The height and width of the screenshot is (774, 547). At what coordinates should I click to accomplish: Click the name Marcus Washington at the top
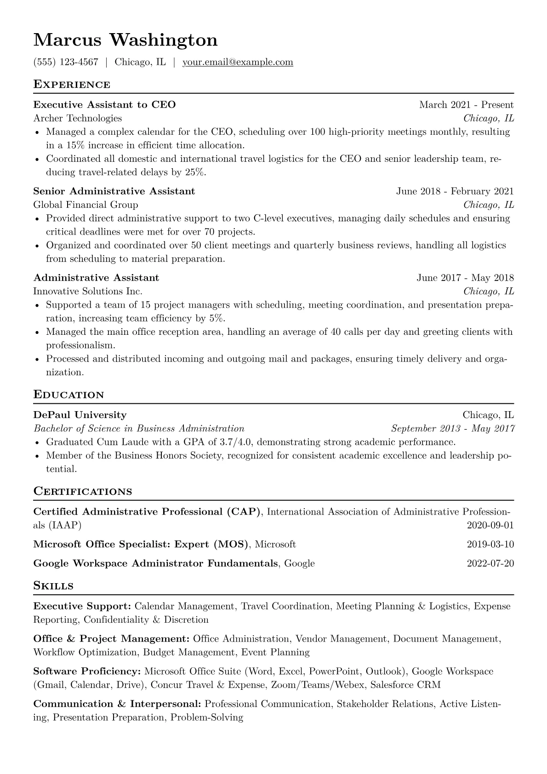coord(125,40)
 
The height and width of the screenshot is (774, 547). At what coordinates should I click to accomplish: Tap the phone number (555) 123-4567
coord(66,62)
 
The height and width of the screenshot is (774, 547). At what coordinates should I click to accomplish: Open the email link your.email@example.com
coord(238,62)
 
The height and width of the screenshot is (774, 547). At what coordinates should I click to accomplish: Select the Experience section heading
coord(72,85)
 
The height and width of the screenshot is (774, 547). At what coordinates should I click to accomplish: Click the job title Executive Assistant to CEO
coord(104,105)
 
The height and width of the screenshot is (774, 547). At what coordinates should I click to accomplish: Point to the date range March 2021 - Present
coord(466,105)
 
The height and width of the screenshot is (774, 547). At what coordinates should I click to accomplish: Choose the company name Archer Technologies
coord(78,119)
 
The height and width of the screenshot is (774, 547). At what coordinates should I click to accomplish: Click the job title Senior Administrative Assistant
coord(114,191)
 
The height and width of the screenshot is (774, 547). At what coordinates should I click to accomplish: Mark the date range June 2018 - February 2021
coord(455,191)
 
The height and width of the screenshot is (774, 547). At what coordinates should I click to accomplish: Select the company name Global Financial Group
coord(85,205)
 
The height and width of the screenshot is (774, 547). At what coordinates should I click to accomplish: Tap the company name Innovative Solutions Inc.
coord(88,292)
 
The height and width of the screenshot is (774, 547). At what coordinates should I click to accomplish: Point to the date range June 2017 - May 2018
coord(465,278)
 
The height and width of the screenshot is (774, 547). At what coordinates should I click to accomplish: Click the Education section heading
coord(69,395)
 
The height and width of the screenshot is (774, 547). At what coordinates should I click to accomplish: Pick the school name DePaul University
coord(80,415)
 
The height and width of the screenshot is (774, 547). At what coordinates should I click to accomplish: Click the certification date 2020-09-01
coord(490,525)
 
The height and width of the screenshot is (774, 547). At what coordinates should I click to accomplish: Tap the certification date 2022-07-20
coord(490,563)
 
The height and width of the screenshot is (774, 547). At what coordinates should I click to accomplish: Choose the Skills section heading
coord(53,586)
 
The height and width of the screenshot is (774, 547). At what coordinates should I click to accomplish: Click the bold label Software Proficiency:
coord(87,671)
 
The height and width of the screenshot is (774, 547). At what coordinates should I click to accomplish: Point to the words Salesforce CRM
coord(405,685)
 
